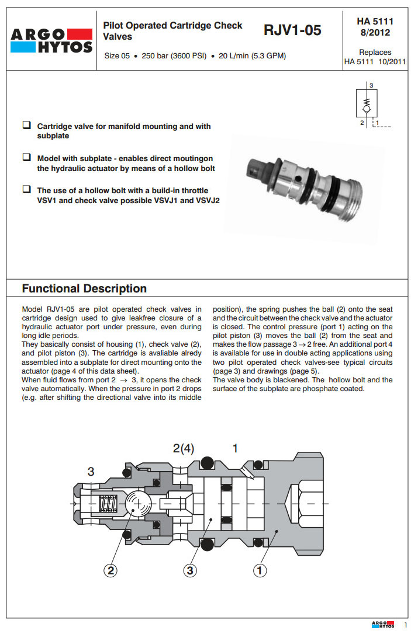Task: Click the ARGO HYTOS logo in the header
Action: click(51, 40)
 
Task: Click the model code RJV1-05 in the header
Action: click(292, 30)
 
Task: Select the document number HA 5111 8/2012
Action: click(375, 27)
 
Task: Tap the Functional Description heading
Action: click(84, 288)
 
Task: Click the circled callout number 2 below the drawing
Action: click(110, 570)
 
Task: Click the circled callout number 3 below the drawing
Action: click(189, 570)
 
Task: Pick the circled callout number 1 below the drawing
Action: click(260, 570)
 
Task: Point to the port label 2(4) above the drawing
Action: click(184, 448)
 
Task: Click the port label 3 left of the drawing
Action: click(91, 472)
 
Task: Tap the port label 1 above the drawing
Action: click(235, 448)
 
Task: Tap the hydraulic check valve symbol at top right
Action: click(367, 104)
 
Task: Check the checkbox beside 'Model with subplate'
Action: click(26, 158)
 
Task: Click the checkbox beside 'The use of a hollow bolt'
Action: click(26, 190)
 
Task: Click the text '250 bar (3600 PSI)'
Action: click(174, 57)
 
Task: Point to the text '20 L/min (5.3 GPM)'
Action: click(252, 57)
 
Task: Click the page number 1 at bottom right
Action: click(405, 625)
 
